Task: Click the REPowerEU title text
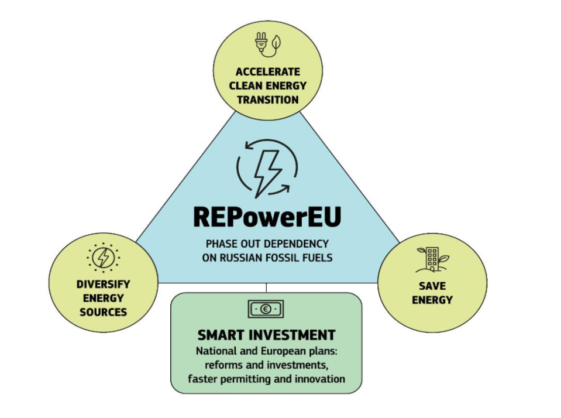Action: pyautogui.click(x=266, y=217)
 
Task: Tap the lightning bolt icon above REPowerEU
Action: pyautogui.click(x=267, y=169)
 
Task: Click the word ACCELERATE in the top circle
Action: pyautogui.click(x=268, y=72)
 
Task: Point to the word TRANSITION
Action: pyautogui.click(x=268, y=99)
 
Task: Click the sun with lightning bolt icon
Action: pyautogui.click(x=103, y=257)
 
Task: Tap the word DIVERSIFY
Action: pyautogui.click(x=103, y=285)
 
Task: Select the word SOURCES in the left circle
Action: pyautogui.click(x=103, y=311)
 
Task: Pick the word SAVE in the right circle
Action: pyautogui.click(x=432, y=286)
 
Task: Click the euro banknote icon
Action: pyautogui.click(x=266, y=309)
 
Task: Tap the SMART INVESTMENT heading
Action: pyautogui.click(x=266, y=335)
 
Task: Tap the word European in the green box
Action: pyautogui.click(x=277, y=352)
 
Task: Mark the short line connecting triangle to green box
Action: pyautogui.click(x=266, y=287)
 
